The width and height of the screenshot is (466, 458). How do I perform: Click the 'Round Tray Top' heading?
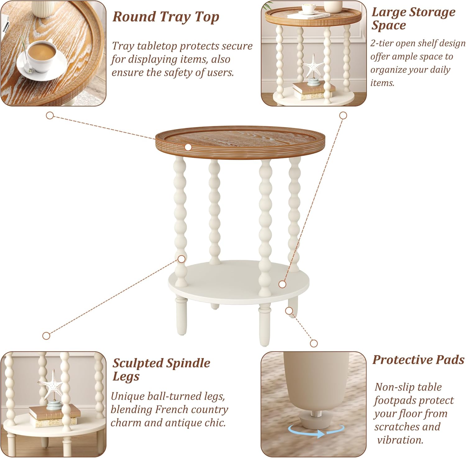click(x=166, y=17)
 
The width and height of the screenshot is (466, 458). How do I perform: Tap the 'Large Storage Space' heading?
click(x=413, y=19)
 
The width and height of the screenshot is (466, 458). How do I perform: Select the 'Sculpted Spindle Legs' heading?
click(x=161, y=369)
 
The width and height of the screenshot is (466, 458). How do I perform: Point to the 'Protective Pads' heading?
click(x=418, y=360)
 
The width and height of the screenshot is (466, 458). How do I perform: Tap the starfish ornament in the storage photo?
click(x=313, y=66)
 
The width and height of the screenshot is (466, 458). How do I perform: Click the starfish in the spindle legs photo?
click(x=51, y=384)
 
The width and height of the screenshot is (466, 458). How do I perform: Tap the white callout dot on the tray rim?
click(x=188, y=147)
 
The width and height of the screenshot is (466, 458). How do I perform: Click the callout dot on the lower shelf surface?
click(x=282, y=284)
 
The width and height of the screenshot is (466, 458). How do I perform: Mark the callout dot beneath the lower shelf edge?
click(x=289, y=310)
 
